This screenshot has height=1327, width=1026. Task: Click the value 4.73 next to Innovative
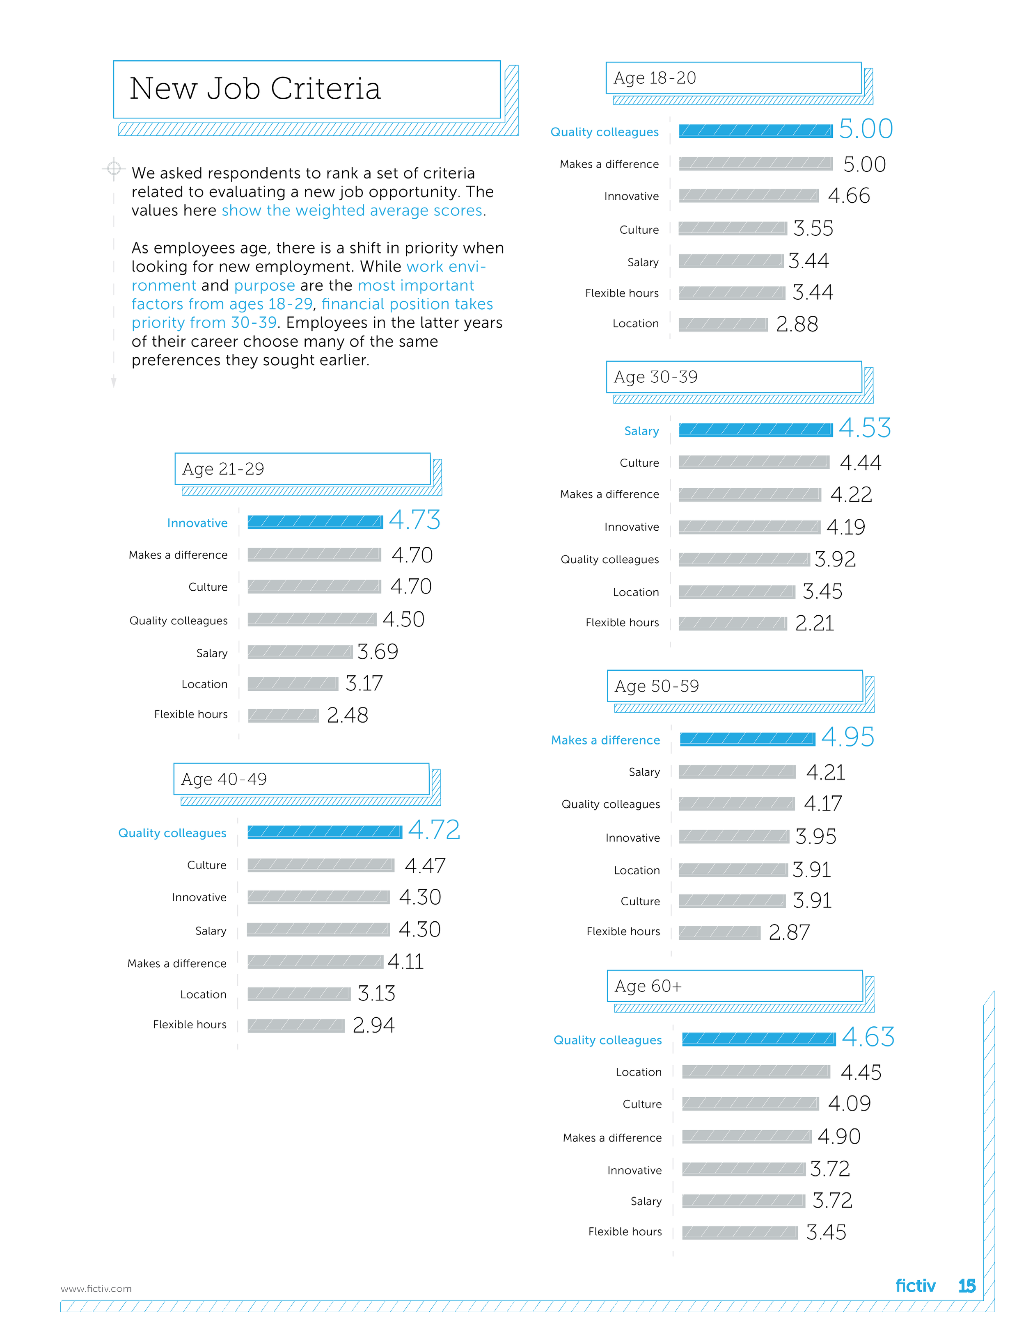pyautogui.click(x=415, y=520)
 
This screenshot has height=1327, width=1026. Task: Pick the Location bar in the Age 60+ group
pyautogui.click(x=756, y=1072)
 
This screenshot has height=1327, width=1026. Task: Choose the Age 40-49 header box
pyautogui.click(x=302, y=779)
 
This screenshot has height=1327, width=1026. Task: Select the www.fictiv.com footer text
pyautogui.click(x=96, y=1289)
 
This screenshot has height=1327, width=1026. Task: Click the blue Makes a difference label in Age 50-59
pyautogui.click(x=605, y=740)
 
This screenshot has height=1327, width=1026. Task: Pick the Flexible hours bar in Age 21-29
pyautogui.click(x=283, y=715)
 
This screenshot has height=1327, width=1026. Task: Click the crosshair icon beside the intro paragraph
pyautogui.click(x=114, y=169)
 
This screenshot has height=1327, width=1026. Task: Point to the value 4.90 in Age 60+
pyautogui.click(x=839, y=1136)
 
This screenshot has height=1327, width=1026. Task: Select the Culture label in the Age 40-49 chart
pyautogui.click(x=207, y=865)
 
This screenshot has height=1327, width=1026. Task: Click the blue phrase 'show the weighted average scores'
pyautogui.click(x=352, y=211)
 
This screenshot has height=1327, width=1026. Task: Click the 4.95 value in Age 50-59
pyautogui.click(x=847, y=738)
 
